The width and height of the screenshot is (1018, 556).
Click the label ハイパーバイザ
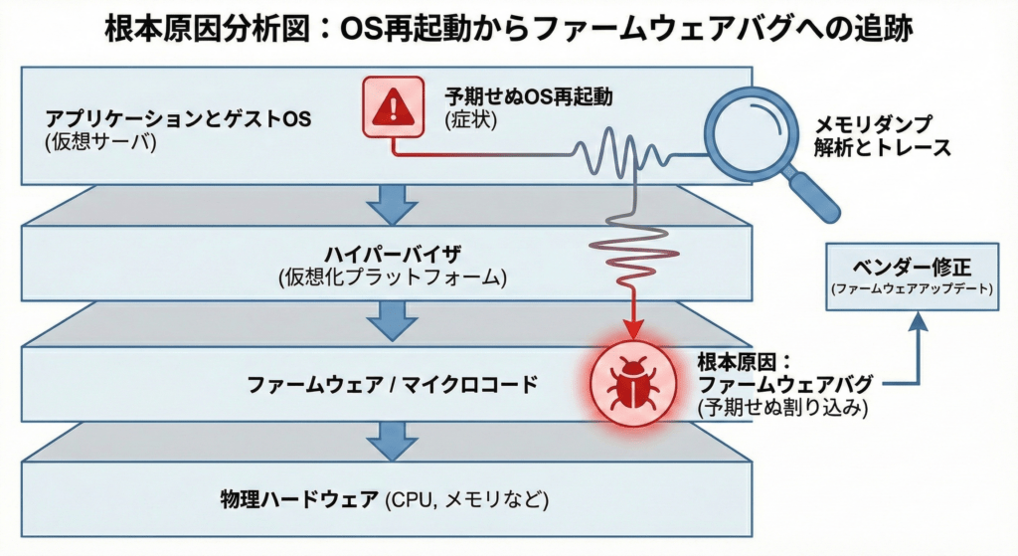(393, 256)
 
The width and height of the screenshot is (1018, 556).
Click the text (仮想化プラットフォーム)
(393, 278)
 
